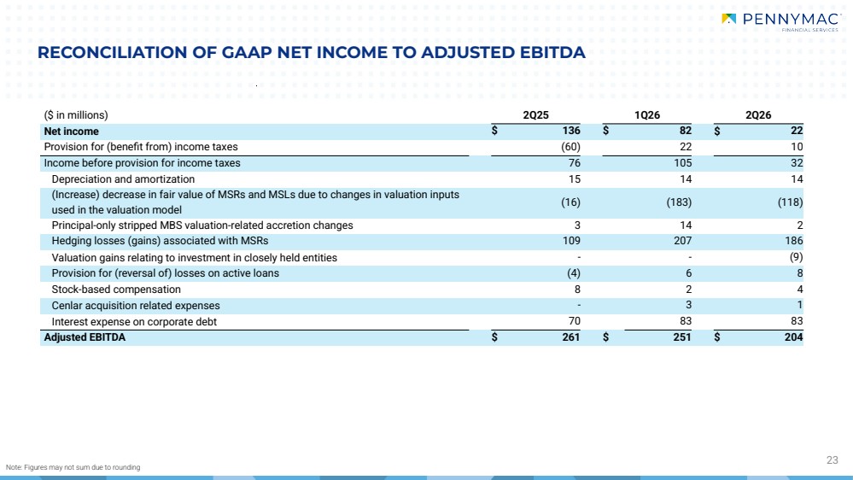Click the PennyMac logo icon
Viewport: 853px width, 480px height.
728,19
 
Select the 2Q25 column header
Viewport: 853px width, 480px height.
536,115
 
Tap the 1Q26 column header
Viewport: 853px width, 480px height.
647,115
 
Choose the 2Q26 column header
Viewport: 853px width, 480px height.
758,115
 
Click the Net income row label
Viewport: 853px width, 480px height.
71,132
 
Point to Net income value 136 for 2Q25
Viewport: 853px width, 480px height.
571,131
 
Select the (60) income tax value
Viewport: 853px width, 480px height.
570,147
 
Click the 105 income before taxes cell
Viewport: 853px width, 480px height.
683,163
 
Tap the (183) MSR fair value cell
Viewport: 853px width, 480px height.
680,202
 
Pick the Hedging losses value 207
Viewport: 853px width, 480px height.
683,241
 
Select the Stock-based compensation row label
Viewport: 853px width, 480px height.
116,290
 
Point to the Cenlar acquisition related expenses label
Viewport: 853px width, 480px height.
136,306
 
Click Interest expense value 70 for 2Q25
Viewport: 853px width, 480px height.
574,321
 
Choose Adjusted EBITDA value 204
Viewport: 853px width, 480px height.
794,337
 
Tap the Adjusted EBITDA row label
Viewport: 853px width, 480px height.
85,337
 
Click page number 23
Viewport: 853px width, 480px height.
833,460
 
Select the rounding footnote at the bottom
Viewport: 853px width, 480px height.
73,467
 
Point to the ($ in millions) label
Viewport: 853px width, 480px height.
76,115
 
